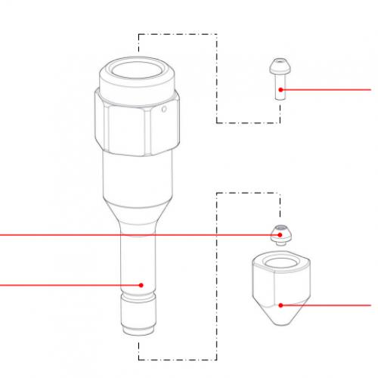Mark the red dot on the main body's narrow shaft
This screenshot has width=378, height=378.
click(x=141, y=284)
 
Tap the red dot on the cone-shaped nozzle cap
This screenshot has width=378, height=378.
click(x=280, y=305)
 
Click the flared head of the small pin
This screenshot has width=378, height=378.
click(x=280, y=67)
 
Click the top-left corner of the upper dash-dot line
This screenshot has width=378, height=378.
click(x=138, y=33)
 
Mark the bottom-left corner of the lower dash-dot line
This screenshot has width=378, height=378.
click(x=138, y=358)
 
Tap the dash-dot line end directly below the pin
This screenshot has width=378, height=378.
click(x=280, y=122)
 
